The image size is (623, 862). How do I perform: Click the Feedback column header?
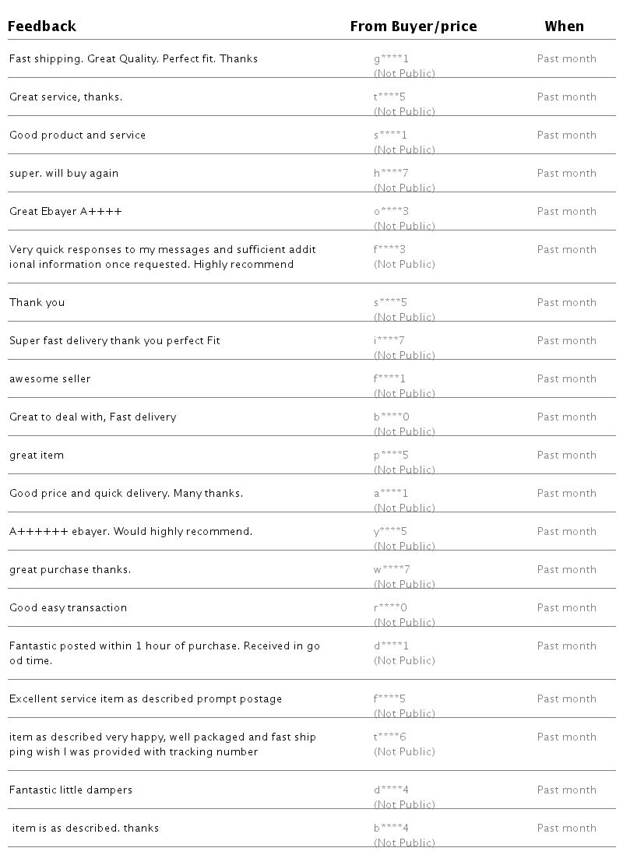click(42, 26)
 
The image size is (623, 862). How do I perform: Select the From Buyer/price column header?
click(413, 26)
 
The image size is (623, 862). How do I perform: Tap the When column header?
click(564, 26)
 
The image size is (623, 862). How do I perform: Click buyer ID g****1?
click(391, 59)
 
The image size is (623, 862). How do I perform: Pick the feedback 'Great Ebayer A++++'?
click(65, 212)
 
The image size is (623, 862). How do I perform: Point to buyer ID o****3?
click(391, 212)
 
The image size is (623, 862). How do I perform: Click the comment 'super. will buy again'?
click(64, 174)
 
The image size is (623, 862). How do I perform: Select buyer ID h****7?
click(391, 174)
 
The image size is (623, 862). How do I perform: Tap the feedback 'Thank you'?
click(37, 303)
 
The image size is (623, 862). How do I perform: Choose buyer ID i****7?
click(389, 341)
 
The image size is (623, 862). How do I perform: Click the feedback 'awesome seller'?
click(50, 379)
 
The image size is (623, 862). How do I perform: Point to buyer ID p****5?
click(391, 456)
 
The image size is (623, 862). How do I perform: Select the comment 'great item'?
click(37, 456)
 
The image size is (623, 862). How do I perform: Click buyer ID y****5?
click(390, 532)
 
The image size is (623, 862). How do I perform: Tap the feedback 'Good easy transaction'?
click(68, 608)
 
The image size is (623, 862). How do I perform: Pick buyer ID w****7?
click(392, 570)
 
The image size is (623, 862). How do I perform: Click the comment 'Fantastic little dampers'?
click(71, 790)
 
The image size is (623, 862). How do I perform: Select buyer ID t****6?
click(390, 737)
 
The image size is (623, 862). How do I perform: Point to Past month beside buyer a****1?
click(566, 494)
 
